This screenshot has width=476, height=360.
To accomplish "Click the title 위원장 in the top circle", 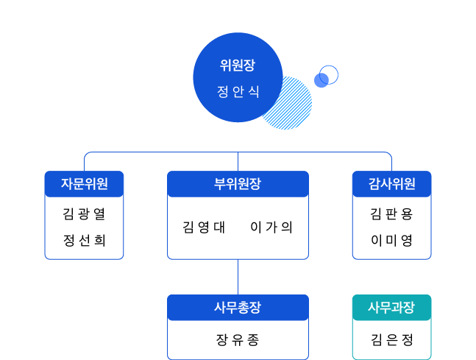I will click(238, 64).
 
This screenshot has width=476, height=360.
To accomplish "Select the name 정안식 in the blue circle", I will click(238, 93).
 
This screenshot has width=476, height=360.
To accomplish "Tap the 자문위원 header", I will click(84, 184).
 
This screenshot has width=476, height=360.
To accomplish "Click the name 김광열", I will click(84, 214).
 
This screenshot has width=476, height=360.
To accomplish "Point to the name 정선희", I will click(84, 241).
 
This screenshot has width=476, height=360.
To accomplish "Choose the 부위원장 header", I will click(238, 184).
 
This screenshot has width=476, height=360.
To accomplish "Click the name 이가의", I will click(271, 227).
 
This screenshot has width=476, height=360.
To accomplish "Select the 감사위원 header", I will click(391, 184).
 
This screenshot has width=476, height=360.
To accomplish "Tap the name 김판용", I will click(391, 214).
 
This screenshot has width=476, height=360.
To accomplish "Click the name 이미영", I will click(391, 241).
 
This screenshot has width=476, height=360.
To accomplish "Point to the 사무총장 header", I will click(238, 308).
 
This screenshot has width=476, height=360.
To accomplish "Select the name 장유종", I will click(238, 340).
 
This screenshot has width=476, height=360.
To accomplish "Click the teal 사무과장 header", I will click(391, 308).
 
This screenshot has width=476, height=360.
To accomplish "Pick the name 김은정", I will click(391, 340).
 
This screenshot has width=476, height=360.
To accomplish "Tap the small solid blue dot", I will click(321, 80).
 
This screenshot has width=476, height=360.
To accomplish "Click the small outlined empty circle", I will click(330, 73).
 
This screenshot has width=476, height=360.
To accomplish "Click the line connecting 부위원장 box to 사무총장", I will click(238, 277).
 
